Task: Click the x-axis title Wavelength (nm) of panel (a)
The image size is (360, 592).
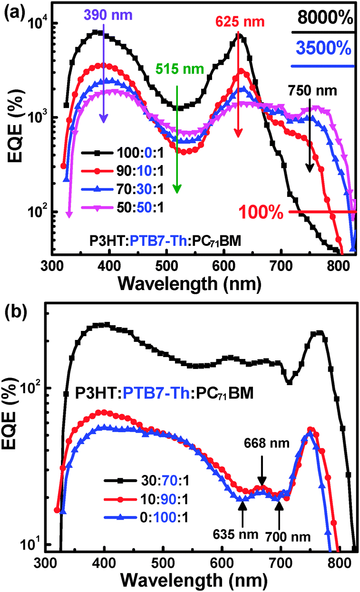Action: [190, 284]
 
